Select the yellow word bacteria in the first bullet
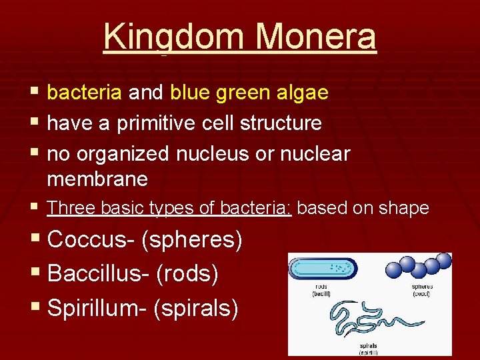pyautogui.click(x=85, y=93)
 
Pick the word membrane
pyautogui.click(x=97, y=179)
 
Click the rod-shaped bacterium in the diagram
pyautogui.click(x=323, y=269)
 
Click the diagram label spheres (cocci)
pyautogui.click(x=422, y=290)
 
